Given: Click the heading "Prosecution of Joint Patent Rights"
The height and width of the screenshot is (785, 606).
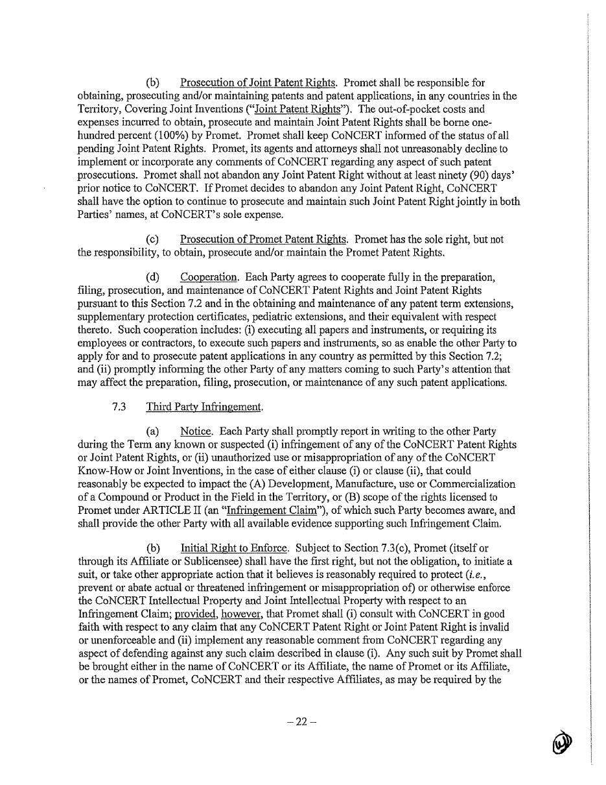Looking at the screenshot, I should (258, 82).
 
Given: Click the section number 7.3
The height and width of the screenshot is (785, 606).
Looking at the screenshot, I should (119, 407).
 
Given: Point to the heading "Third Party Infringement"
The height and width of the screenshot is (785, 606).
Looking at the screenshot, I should (204, 407).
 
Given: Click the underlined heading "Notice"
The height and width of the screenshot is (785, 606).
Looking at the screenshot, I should (196, 431).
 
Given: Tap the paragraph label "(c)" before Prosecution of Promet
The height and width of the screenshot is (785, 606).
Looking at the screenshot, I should (152, 239).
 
